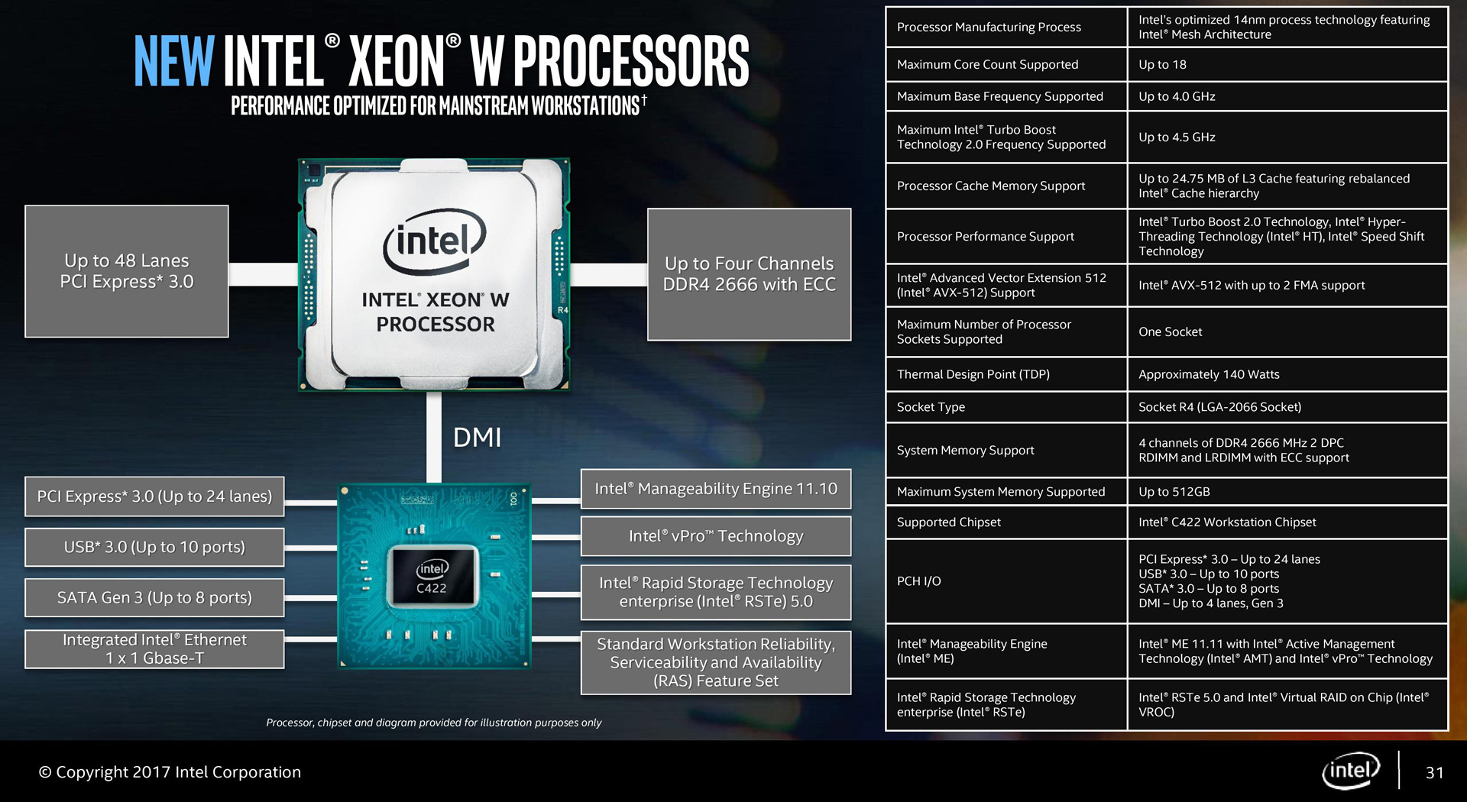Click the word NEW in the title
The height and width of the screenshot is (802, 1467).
(174, 60)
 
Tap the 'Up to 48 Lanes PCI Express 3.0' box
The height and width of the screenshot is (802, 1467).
(127, 271)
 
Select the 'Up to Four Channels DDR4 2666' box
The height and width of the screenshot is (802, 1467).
(749, 274)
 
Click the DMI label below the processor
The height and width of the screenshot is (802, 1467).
(477, 438)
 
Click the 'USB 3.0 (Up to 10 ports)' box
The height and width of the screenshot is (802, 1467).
(154, 547)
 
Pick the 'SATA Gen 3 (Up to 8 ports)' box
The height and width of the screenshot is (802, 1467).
(154, 597)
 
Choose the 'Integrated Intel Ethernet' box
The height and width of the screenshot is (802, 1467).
(154, 649)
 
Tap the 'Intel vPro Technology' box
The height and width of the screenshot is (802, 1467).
(716, 536)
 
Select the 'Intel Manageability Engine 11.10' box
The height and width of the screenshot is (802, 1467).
(716, 489)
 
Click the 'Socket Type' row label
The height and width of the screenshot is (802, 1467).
(931, 407)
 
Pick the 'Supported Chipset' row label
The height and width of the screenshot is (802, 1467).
(948, 522)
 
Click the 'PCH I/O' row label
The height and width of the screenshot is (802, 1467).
(918, 581)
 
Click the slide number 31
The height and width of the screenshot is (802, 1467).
(1434, 773)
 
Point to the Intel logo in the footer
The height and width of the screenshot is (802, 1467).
(1351, 771)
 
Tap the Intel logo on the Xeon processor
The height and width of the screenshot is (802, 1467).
(434, 241)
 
